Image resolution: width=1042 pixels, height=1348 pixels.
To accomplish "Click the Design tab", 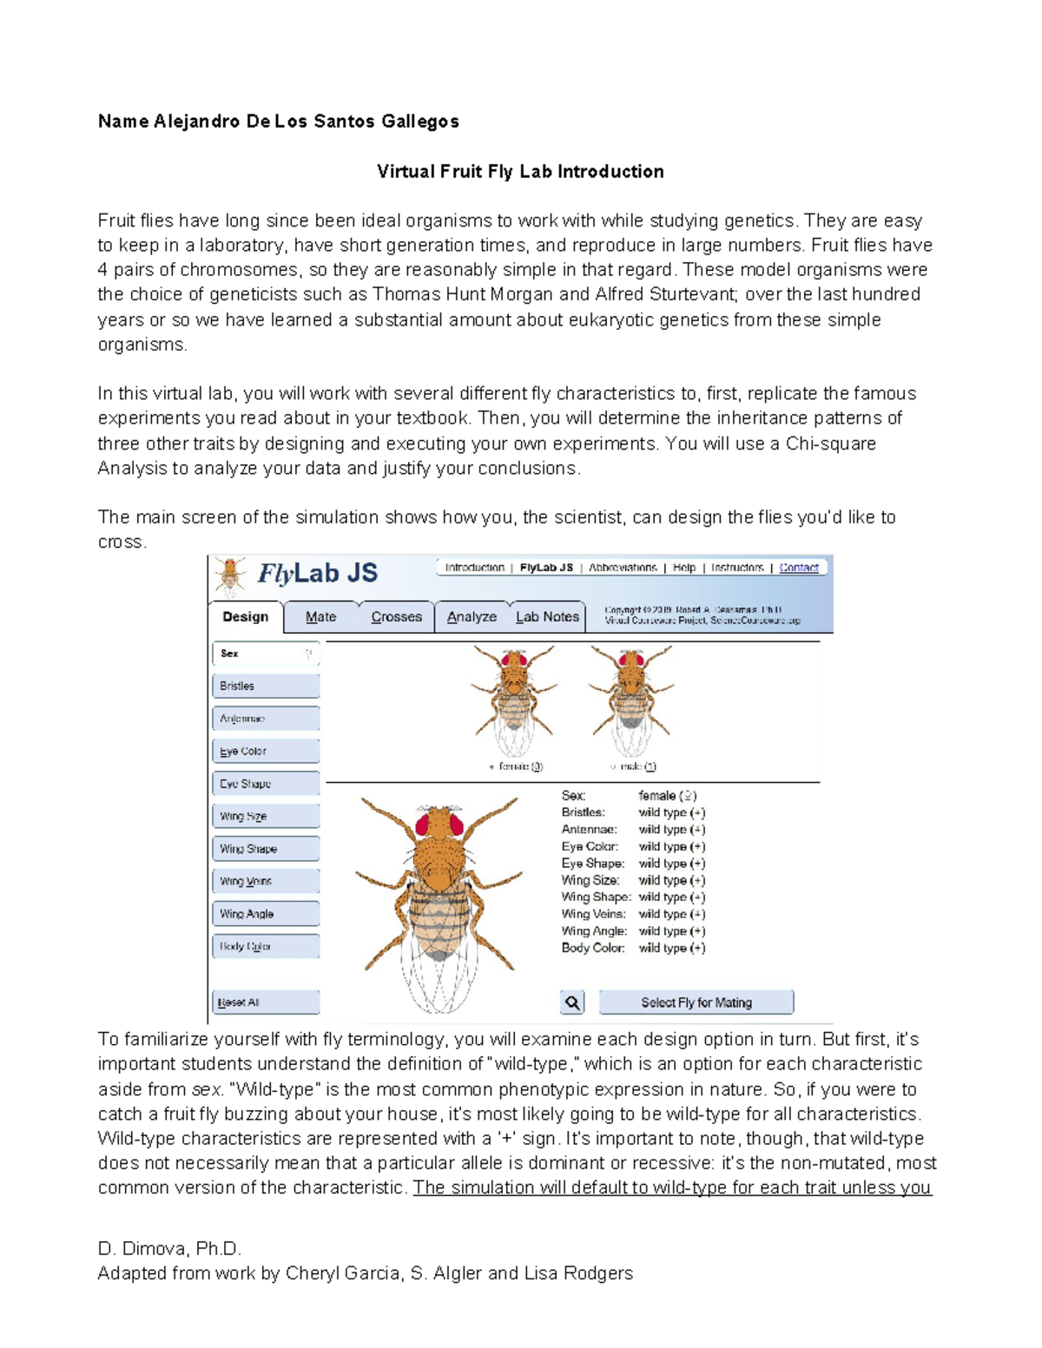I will point(245,617).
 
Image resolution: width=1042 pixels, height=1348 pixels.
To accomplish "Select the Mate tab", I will point(320,617).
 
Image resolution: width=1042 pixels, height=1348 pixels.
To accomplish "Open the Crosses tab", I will point(396,617).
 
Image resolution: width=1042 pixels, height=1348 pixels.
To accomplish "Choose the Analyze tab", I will point(472,617).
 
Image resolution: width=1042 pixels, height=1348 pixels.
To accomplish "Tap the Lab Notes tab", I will point(547,617).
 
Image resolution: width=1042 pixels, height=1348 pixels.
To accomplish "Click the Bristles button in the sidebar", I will point(266,686).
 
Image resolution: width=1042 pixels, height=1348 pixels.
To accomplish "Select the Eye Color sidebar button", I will point(266,751).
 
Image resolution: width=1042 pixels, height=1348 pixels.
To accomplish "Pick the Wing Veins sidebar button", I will point(266,881).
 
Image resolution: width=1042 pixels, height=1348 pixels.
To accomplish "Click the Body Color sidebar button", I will point(266,946).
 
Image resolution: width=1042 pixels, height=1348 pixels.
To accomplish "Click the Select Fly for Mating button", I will point(696,1003).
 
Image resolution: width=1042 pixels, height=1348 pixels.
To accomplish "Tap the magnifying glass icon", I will point(572,1003).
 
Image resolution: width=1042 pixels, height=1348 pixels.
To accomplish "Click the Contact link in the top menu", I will point(798,568).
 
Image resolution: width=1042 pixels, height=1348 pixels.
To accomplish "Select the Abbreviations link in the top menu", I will point(623,568).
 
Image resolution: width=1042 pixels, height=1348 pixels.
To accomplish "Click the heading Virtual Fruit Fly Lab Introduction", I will point(520,172).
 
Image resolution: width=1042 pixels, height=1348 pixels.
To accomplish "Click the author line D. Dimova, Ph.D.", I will point(169,1249).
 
